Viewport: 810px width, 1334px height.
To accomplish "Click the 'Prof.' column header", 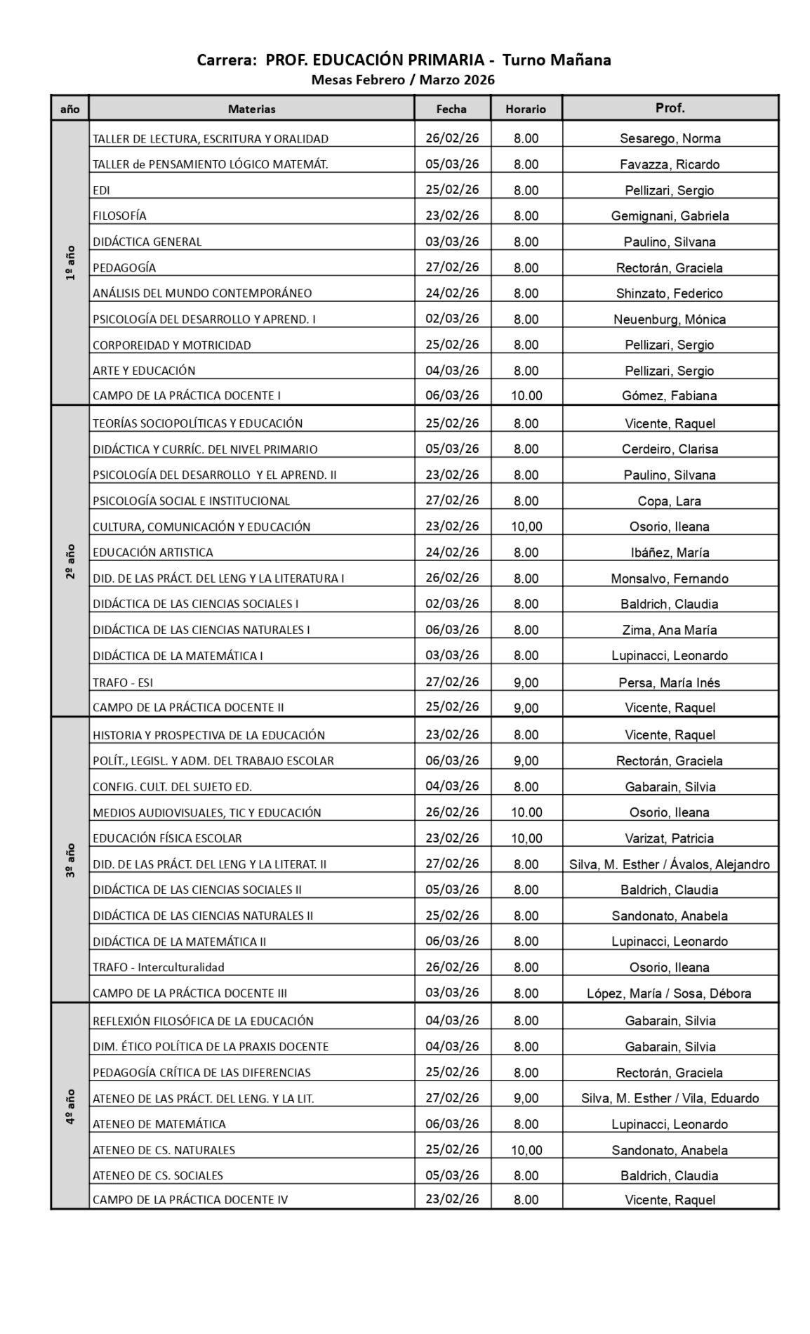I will click(670, 108).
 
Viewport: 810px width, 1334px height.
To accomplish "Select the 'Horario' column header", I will click(525, 109).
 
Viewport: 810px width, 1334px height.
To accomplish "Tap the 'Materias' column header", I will click(251, 109).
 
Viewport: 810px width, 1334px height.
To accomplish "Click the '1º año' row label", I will click(69, 263).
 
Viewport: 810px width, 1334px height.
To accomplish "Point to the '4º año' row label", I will click(69, 1107).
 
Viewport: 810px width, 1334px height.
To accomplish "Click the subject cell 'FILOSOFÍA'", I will click(119, 216).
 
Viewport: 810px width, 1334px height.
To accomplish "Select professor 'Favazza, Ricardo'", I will click(670, 164).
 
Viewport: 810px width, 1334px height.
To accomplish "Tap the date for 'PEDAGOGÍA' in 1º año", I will click(452, 267).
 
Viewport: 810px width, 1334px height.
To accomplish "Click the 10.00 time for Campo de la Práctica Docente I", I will click(526, 395).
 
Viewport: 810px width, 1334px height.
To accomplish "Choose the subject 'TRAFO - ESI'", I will click(123, 682).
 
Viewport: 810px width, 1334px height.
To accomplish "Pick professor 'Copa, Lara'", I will click(670, 501).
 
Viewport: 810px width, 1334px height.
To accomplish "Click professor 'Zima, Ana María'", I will click(670, 630).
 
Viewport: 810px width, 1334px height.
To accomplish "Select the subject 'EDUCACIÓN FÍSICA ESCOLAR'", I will click(167, 838).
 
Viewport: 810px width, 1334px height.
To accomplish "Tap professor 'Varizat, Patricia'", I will click(670, 838).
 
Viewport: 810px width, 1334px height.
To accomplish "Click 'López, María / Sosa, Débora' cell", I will click(669, 993).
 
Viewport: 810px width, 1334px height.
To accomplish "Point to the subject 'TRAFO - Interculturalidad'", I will click(159, 967).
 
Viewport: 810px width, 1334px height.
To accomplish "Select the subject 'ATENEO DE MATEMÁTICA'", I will click(159, 1123).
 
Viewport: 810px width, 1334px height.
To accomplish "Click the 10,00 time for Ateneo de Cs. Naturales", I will click(526, 1150).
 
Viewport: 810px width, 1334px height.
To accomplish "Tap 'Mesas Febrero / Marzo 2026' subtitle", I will click(403, 79).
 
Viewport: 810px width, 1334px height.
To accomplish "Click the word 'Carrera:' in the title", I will click(227, 60).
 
